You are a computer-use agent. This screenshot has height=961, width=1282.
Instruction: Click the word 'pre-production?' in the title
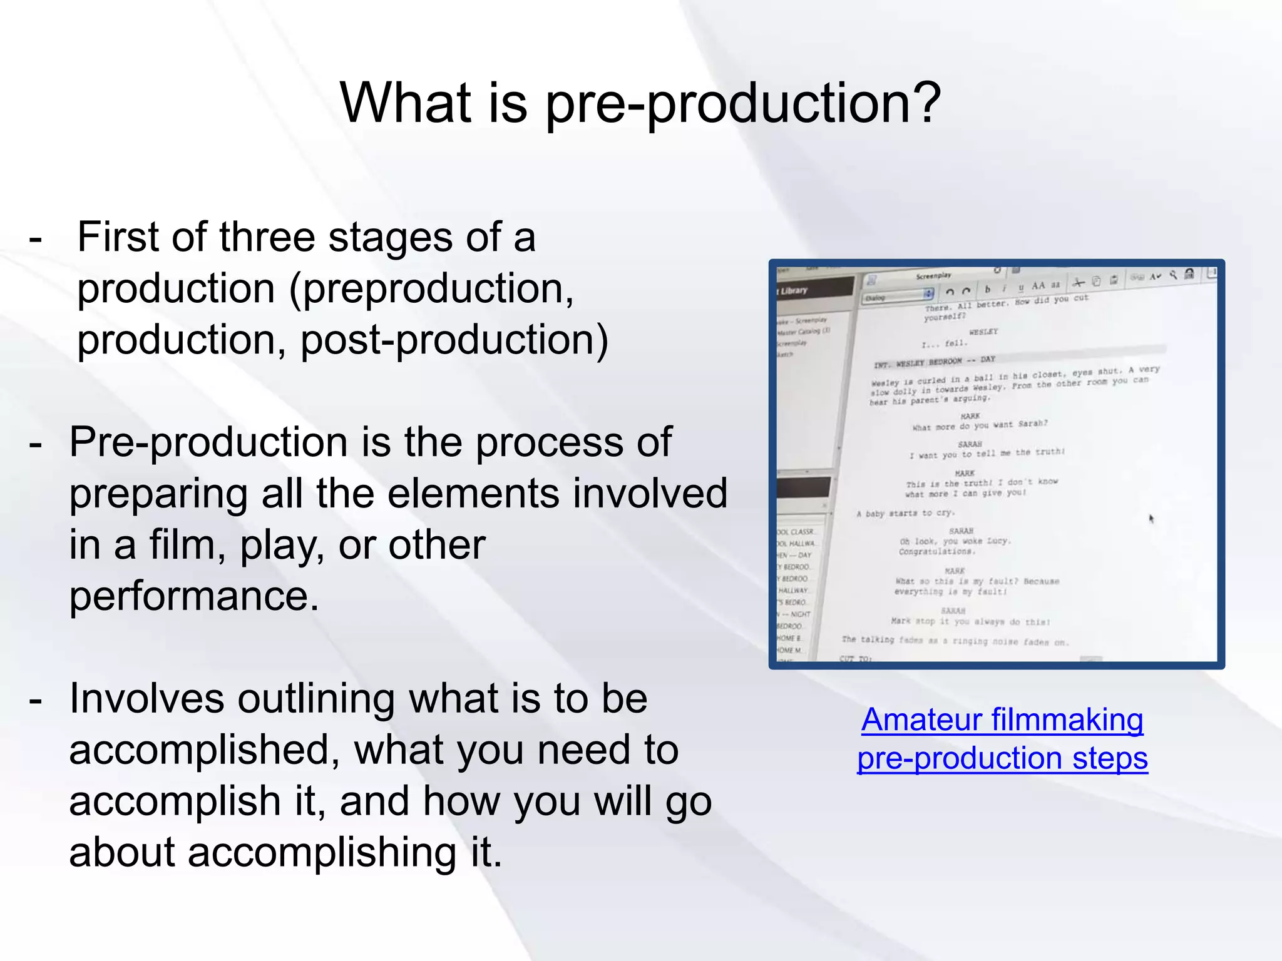(743, 103)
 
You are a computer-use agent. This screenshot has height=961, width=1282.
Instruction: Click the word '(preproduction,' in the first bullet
(431, 289)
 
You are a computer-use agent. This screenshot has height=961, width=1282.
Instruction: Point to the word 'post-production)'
(454, 340)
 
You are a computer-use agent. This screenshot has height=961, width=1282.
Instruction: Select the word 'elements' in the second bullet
(473, 494)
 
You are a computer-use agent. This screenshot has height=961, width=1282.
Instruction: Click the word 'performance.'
(194, 596)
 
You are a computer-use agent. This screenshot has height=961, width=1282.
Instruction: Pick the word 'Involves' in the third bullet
(146, 699)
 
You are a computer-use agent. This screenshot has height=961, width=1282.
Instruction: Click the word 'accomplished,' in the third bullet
(205, 750)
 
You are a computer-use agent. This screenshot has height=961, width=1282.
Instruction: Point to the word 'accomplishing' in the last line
(322, 853)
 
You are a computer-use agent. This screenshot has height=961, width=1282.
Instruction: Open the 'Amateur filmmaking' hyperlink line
(1002, 720)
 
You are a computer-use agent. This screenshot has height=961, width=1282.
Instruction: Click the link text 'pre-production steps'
(1002, 758)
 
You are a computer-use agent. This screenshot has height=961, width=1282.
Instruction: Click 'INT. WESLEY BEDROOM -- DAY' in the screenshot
(934, 362)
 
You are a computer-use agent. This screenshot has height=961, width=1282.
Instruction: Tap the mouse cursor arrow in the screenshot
(1151, 518)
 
